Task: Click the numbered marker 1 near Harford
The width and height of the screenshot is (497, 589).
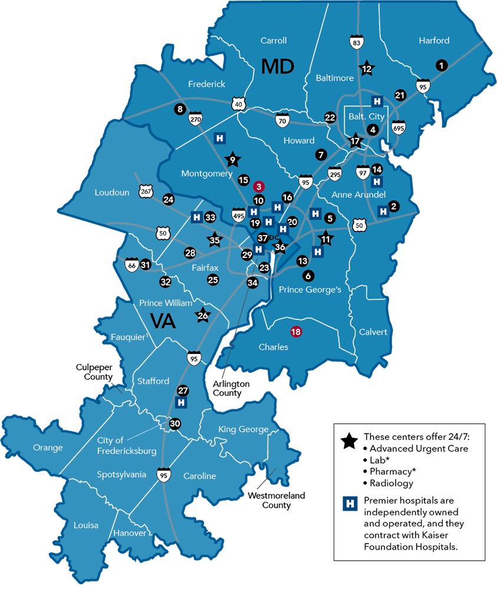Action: click(440, 65)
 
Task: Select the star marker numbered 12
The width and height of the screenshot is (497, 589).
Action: click(367, 68)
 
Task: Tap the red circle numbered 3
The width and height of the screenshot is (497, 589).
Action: click(258, 187)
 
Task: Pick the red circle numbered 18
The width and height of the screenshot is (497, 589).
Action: click(296, 332)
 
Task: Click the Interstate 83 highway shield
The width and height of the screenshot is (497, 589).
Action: click(356, 42)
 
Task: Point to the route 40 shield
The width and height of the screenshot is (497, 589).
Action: click(238, 104)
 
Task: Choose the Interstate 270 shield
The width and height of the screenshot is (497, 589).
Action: click(195, 120)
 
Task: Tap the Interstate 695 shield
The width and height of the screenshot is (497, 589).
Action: click(399, 127)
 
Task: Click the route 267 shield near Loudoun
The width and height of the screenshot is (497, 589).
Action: click(146, 192)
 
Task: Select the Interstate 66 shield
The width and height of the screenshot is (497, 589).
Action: click(131, 266)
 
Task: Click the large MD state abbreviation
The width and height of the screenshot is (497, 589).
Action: click(278, 66)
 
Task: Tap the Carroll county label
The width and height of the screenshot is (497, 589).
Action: click(274, 41)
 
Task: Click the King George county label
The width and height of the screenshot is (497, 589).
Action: click(243, 429)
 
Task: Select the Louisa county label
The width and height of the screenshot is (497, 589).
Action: click(86, 525)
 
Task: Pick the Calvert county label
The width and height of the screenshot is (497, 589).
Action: click(373, 332)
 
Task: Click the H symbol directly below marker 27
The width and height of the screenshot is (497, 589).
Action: click(182, 402)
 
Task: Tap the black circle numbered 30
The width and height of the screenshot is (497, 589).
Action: click(175, 423)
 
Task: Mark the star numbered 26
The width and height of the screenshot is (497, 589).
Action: click(203, 316)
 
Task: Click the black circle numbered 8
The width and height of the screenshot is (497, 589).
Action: click(180, 109)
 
